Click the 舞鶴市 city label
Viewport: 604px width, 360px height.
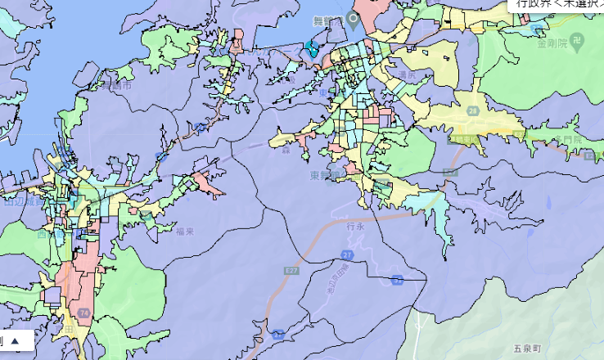pos(117,84)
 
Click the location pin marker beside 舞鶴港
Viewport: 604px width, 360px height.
pos(354,18)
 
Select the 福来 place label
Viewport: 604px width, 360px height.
pos(184,232)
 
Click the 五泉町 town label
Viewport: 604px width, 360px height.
pos(528,349)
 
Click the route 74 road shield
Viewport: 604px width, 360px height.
pos(83,313)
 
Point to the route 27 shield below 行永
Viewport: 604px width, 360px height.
pos(348,256)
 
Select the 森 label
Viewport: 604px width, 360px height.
pos(286,150)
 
